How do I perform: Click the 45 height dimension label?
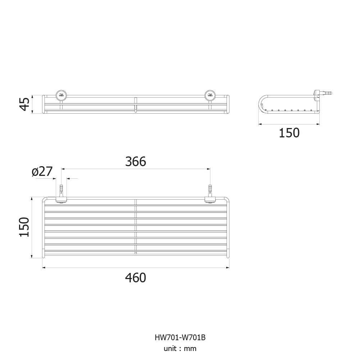click(24, 104)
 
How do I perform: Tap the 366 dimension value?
click(136, 161)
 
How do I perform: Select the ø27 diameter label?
click(42, 171)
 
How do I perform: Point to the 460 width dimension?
click(136, 278)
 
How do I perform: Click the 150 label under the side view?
click(289, 133)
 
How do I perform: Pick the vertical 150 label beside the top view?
click(24, 227)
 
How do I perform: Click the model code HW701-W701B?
click(180, 337)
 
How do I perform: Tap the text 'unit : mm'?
click(180, 348)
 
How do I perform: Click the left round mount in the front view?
click(61, 95)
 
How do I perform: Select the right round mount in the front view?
click(210, 95)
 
